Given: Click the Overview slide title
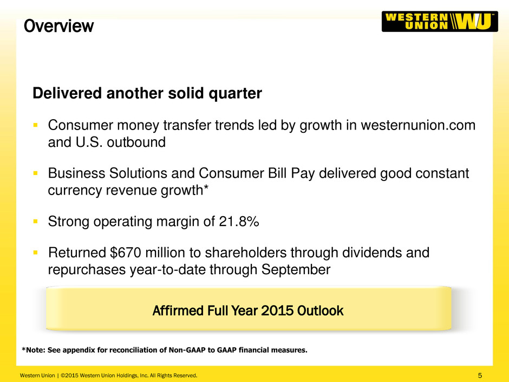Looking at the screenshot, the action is point(59,26).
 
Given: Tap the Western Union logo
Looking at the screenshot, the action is point(440,22).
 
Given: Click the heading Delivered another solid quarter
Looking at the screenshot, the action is point(147,93).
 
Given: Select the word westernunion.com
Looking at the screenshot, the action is point(418,125).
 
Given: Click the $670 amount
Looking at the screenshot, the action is point(126,252).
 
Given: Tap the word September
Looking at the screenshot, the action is point(296,270).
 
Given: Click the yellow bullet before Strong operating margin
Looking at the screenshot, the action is point(35,222).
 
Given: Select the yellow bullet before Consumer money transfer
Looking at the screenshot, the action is point(35,125).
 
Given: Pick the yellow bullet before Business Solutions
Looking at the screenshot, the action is point(35,173).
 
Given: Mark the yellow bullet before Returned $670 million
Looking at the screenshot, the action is point(35,252).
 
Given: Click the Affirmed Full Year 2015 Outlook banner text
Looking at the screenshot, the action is point(248,310).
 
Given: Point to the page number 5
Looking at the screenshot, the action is point(480,375).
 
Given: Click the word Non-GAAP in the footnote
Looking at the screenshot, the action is point(187,350).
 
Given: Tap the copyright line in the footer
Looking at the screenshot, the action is point(108,375).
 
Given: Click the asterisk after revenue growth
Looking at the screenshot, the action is point(205,187).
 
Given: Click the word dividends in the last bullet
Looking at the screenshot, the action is point(371,252).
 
